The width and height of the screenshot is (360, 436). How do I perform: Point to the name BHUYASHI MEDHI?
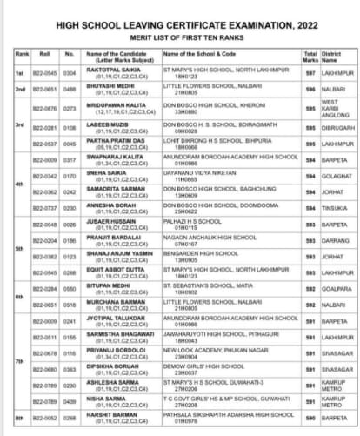[110, 86]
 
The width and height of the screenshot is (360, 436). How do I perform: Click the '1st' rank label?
[19, 72]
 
